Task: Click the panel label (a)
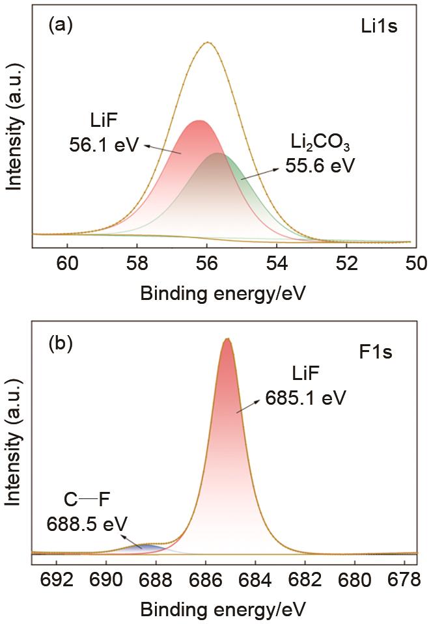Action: click(x=61, y=25)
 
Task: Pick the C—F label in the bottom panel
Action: click(x=87, y=502)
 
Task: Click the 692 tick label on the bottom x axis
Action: click(x=56, y=577)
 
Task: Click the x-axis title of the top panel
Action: click(x=222, y=292)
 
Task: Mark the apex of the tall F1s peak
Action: click(x=227, y=339)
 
